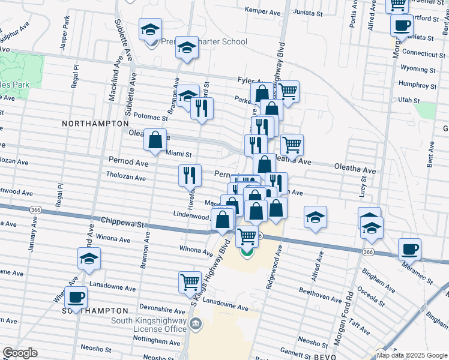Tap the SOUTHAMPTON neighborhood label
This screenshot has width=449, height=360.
pos(95,311)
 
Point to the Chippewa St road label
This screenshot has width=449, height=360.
pos(123,223)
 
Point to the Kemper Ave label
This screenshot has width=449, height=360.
pos(264,10)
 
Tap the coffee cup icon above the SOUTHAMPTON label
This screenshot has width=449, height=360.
pos(76,296)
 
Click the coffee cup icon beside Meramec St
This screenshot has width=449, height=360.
pos(409,248)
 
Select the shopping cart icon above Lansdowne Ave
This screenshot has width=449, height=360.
pos(190,281)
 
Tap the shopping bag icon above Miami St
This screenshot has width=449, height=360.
pos(155,139)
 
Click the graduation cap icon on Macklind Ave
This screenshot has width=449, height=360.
pos(89,258)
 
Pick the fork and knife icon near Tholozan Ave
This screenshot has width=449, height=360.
pos(190,175)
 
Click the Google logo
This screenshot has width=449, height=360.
pos(20,353)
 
